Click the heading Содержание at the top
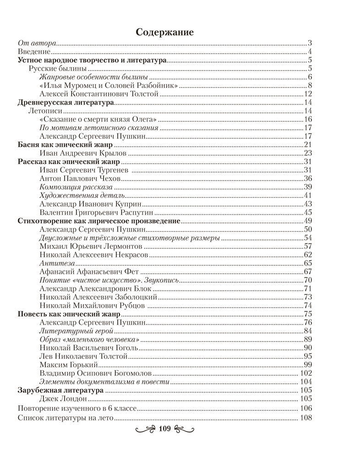(165, 32)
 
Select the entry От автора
(37, 44)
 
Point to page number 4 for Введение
(310, 52)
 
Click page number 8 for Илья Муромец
(310, 86)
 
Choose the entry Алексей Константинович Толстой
(99, 94)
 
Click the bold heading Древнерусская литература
(65, 103)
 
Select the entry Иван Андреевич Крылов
(83, 153)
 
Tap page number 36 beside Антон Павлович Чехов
(308, 179)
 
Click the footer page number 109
(164, 429)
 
